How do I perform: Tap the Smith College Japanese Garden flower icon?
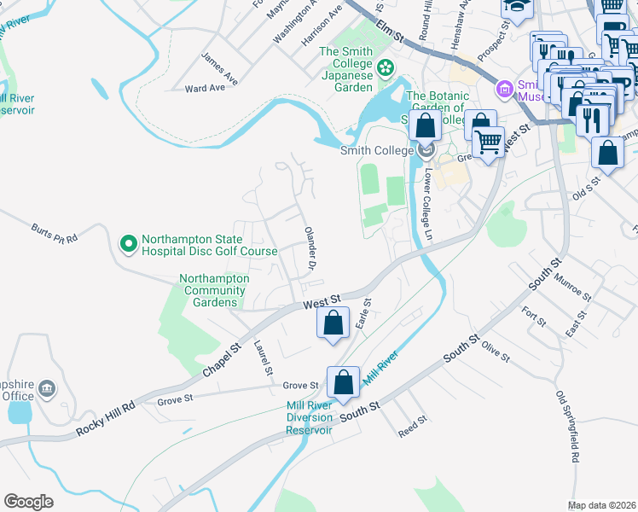coord(386,66)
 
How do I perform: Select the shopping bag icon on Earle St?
coord(333,324)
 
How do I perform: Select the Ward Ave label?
coord(205,88)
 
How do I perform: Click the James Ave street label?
coord(218,63)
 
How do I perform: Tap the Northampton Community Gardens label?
coord(214,290)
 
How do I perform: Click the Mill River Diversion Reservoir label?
coord(309,417)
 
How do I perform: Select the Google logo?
coord(28,501)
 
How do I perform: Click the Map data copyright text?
coord(601,505)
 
